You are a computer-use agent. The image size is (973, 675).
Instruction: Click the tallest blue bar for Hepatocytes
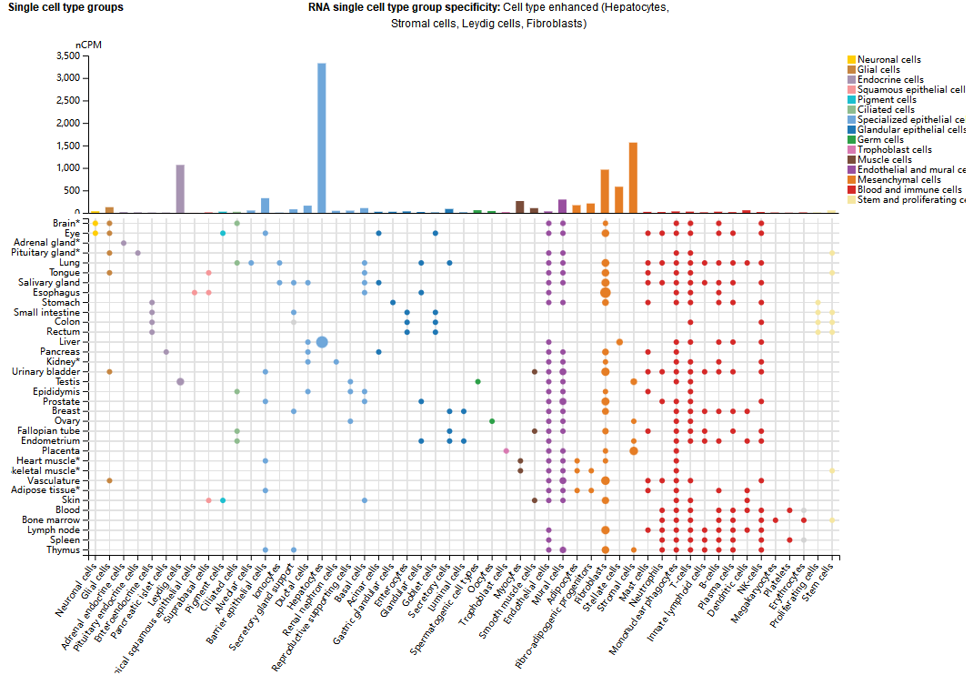click(x=322, y=136)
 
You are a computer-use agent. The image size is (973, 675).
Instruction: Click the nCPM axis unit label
click(x=88, y=44)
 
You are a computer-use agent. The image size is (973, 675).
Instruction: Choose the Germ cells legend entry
click(x=880, y=140)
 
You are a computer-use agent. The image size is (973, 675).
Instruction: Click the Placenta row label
click(x=62, y=451)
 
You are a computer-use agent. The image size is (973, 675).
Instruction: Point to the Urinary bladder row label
click(x=45, y=372)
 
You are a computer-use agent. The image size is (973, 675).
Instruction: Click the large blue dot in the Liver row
click(x=322, y=342)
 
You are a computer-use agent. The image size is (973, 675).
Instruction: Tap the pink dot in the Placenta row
click(x=506, y=451)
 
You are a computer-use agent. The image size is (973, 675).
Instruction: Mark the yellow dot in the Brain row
click(x=95, y=223)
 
